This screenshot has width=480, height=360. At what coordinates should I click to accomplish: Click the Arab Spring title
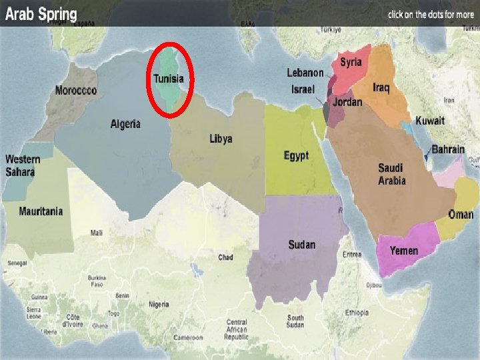[x=41, y=14]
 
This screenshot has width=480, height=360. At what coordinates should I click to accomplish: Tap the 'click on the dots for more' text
[x=431, y=14]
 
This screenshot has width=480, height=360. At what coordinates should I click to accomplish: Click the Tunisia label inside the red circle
[x=169, y=79]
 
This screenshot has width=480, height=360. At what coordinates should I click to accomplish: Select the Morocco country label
[x=75, y=90]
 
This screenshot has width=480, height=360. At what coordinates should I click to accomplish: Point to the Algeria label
[x=125, y=123]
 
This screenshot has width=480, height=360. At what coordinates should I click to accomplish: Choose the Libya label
[x=221, y=139]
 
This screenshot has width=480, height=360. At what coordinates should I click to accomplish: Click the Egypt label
[x=296, y=155]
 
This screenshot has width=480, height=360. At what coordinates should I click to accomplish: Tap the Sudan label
[x=302, y=245]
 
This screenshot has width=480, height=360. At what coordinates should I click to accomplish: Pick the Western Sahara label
[x=23, y=165]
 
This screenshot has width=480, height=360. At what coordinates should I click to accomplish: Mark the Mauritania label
[x=41, y=211]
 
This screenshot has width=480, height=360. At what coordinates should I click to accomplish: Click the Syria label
[x=351, y=62]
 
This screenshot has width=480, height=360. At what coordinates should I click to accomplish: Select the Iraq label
[x=381, y=88]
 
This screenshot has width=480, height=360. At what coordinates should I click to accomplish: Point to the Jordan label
[x=347, y=102]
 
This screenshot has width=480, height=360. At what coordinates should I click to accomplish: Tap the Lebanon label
[x=305, y=73]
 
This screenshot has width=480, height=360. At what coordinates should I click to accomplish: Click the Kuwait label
[x=430, y=121]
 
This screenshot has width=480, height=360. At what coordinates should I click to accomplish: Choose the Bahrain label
[x=448, y=149]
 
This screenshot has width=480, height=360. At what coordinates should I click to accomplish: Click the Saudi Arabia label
[x=392, y=174]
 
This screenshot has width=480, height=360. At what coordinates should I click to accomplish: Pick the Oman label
[x=461, y=215]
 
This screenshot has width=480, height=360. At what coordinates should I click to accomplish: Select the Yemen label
[x=404, y=251]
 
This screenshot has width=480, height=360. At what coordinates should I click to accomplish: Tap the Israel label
[x=303, y=89]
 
